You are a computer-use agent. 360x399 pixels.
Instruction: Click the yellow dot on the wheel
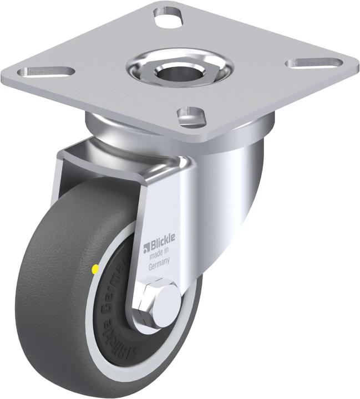[x=95, y=269]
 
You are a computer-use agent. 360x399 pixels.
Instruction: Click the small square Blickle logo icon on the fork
[x=147, y=247]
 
